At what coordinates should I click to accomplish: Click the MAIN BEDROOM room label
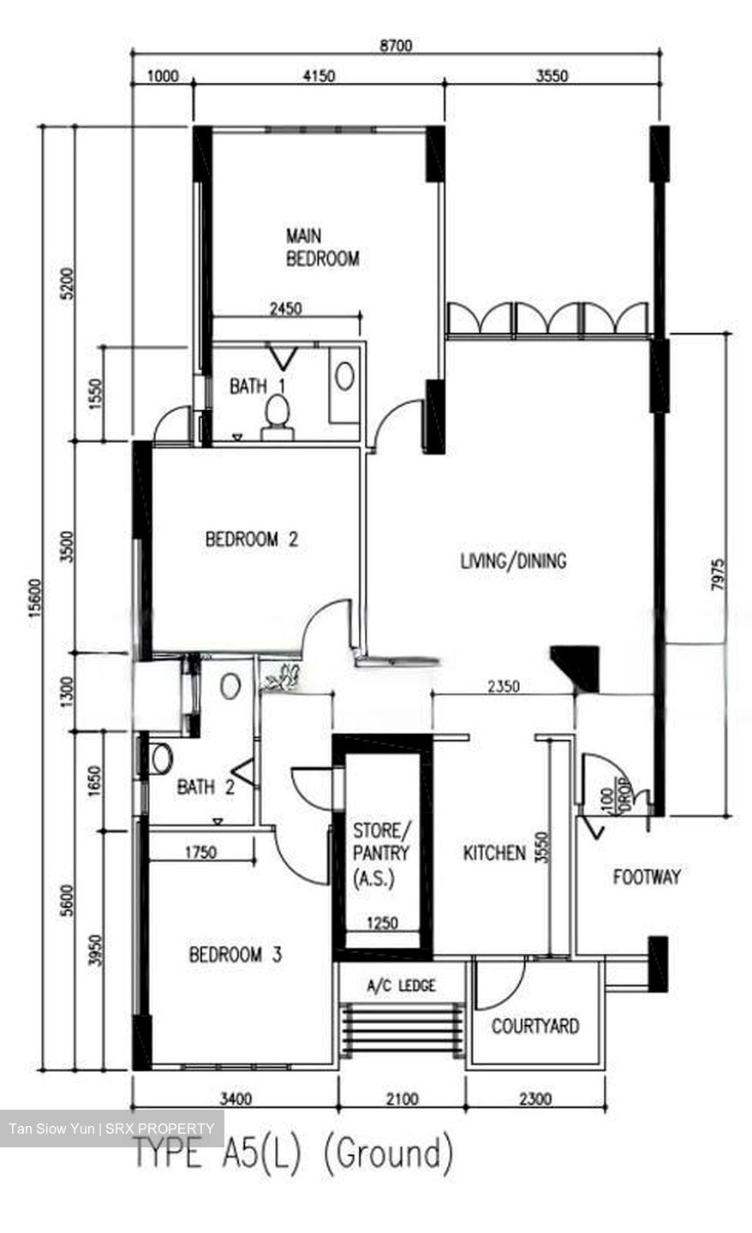point(322,247)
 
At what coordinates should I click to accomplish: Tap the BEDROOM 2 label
point(251,539)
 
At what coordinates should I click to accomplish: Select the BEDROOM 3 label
point(235,954)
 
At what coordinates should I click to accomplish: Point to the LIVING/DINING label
point(513,562)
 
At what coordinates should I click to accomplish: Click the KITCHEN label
point(494,853)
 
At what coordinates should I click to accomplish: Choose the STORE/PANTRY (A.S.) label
point(381,853)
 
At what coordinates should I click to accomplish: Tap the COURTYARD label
point(534,1026)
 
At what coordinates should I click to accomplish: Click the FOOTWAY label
point(647,877)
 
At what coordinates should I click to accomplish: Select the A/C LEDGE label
point(401,986)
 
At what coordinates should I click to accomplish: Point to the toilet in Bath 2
point(160,758)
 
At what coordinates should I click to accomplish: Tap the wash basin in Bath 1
point(344,377)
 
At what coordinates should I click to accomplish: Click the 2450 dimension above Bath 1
point(284,309)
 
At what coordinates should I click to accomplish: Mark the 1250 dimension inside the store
point(381,923)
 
